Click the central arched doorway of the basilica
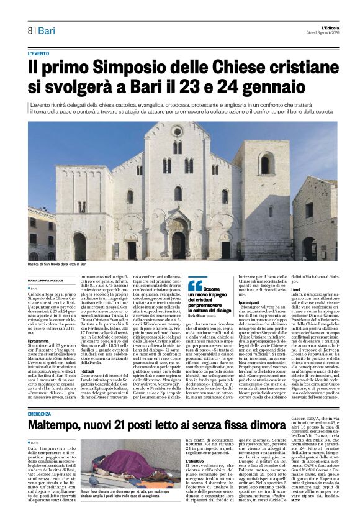pyautogui.click(x=178, y=244)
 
